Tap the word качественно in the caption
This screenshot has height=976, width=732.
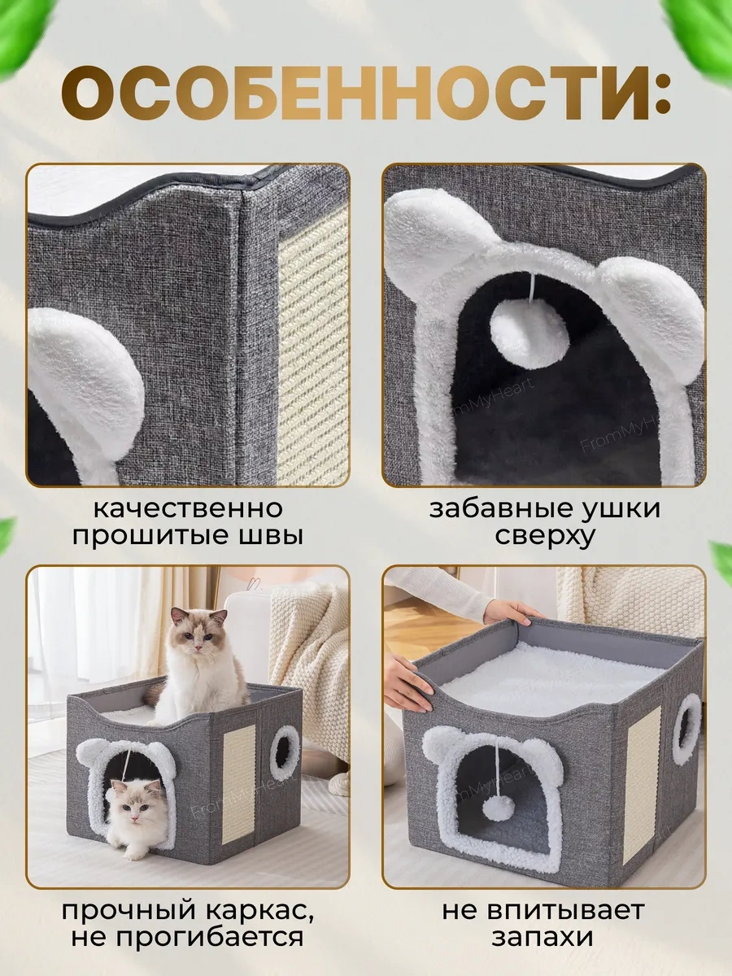(x=188, y=509)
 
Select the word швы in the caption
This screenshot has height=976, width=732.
(x=272, y=537)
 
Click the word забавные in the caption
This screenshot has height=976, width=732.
(x=492, y=509)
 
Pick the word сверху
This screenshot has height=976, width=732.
(x=544, y=537)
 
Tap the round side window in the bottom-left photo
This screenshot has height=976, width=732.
(x=285, y=752)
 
